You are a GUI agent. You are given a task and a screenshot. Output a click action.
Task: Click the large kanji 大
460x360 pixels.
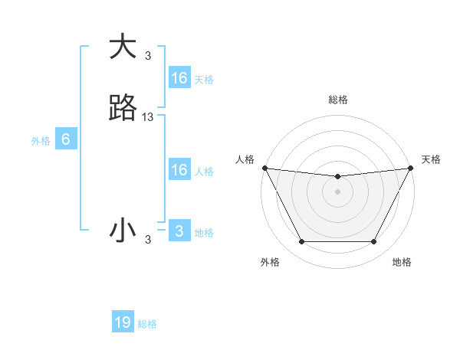coord(123,47)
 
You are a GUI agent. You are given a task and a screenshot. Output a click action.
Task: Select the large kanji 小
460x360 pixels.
coord(123,231)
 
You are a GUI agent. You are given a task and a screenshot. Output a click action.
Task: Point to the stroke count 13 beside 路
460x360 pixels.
coord(148,117)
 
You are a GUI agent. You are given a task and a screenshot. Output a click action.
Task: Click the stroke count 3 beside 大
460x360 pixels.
coord(148,56)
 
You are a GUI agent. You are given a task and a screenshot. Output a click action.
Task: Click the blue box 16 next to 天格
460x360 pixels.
coord(179,78)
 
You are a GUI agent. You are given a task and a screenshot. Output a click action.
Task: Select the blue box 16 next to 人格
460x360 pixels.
coord(179,170)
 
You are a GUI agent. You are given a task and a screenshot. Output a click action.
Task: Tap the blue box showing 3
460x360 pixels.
coord(179,231)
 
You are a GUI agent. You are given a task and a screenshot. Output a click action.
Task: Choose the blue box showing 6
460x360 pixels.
coord(66,139)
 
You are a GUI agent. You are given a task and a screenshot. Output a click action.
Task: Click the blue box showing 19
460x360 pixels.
coord(123,322)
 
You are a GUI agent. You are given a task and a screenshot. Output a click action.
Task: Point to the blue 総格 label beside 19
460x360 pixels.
coord(147,324)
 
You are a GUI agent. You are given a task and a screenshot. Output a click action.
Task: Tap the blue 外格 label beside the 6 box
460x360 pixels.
coord(40,141)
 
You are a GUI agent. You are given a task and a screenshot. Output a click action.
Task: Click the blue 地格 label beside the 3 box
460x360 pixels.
coord(204,233)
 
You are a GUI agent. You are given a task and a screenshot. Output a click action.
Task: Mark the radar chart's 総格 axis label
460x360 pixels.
coord(337,100)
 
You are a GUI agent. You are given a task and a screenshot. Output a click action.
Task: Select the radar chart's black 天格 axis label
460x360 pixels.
coord(431,159)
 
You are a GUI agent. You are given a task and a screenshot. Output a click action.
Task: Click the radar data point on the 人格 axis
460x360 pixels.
coord(264,168)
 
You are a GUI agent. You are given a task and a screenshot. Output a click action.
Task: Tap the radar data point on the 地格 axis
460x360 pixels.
coord(374,242)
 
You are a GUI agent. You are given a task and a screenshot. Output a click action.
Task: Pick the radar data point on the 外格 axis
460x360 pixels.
coord(301,242)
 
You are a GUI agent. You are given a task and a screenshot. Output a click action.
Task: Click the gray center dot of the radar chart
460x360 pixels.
coord(337,191)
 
